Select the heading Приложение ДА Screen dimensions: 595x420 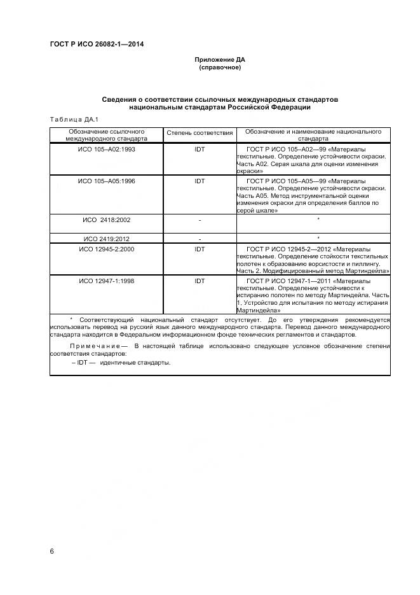pos(219,60)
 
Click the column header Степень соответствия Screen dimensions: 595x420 pos(200,134)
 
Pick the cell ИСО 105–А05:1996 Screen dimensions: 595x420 pos(106,181)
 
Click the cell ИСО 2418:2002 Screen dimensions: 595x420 pos(106,220)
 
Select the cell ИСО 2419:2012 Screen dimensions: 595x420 pos(106,239)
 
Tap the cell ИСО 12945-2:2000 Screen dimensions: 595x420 pos(106,249)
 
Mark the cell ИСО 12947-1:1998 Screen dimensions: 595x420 pos(106,281)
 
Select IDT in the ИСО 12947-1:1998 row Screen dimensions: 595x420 pos(200,281)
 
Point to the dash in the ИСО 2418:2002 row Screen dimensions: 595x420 pos(200,220)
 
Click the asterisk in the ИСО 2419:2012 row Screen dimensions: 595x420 pos(318,239)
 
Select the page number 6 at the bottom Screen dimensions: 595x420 pos(52,550)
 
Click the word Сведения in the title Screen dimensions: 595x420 pos(122,100)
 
